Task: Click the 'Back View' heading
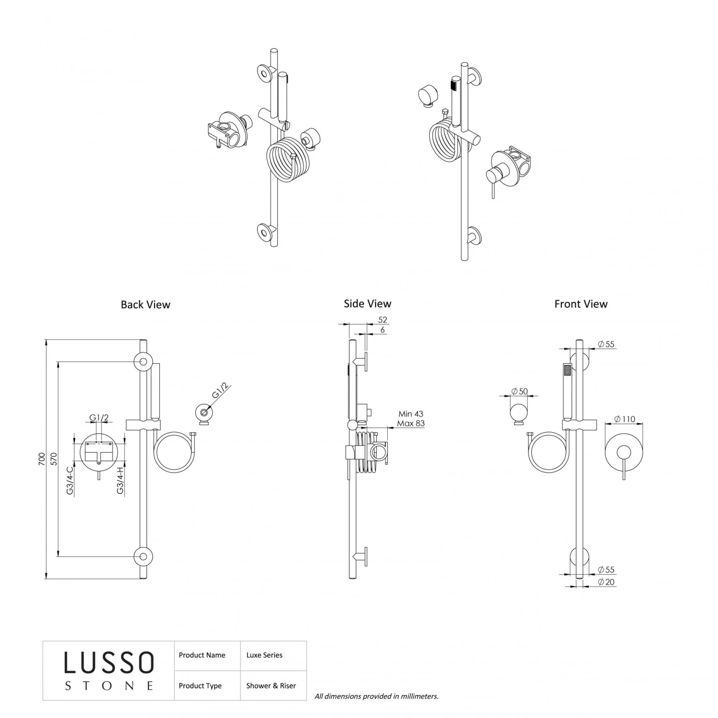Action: click(146, 304)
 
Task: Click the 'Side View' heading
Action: click(367, 303)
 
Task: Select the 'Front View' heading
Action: click(581, 304)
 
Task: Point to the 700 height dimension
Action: click(42, 460)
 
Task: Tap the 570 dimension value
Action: click(54, 460)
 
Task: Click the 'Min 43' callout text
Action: click(411, 414)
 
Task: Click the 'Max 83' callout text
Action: click(411, 424)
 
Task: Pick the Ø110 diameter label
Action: click(625, 419)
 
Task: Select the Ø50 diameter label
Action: click(519, 391)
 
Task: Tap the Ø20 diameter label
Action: click(606, 582)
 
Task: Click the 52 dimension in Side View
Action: click(382, 320)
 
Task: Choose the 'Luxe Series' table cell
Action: click(264, 655)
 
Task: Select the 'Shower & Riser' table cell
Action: click(271, 685)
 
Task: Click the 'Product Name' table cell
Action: click(202, 655)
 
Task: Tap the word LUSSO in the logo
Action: click(109, 663)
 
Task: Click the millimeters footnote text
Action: click(376, 696)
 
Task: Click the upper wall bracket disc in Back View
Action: click(143, 362)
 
